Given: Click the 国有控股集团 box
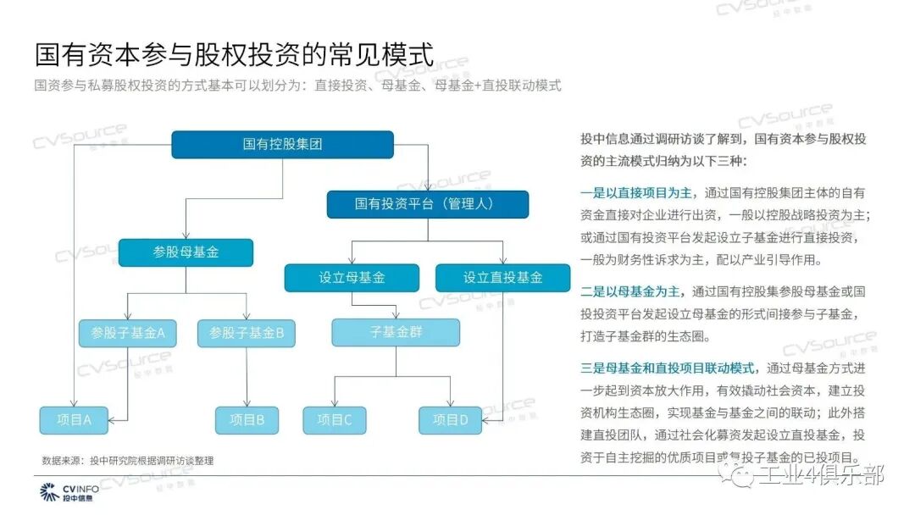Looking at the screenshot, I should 282,145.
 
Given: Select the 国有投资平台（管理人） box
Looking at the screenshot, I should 428,204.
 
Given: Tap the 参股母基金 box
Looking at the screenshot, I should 186,252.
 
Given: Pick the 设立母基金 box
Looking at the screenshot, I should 352,278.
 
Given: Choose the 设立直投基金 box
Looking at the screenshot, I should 502,278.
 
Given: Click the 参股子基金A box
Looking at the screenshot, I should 127,333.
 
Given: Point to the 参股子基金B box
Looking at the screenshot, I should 247,333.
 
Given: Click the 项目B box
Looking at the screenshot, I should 247,419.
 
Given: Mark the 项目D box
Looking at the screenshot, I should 450,419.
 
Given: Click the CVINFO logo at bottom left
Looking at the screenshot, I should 69,492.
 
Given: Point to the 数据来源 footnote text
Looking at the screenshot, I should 128,460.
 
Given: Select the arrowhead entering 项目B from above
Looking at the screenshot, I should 247,403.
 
